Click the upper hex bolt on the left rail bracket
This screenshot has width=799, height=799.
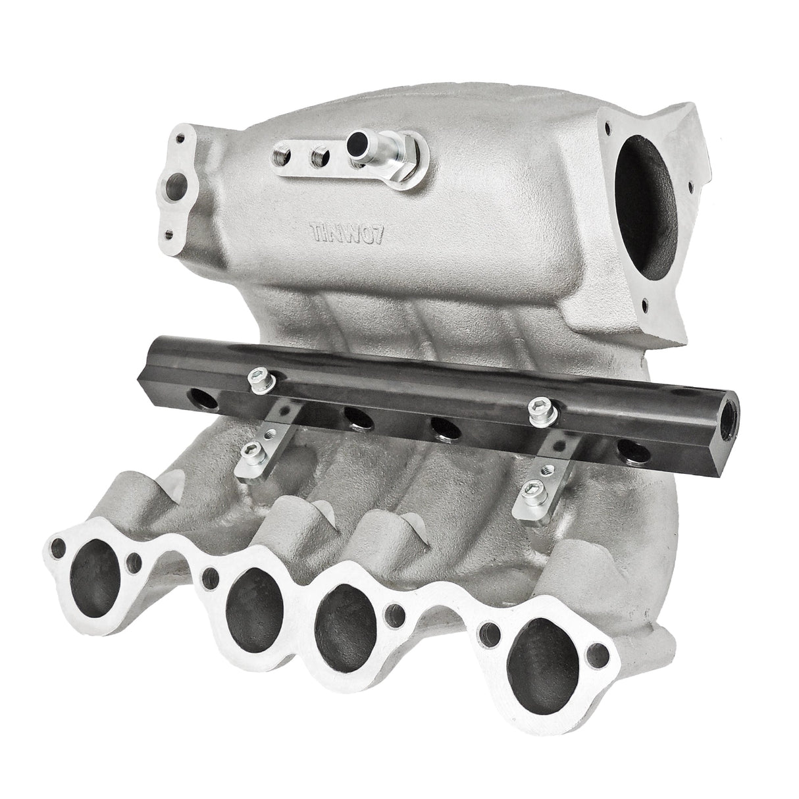tap(255, 376)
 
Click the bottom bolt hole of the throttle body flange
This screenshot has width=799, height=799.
tap(644, 305)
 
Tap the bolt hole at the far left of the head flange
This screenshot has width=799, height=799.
tap(60, 546)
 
